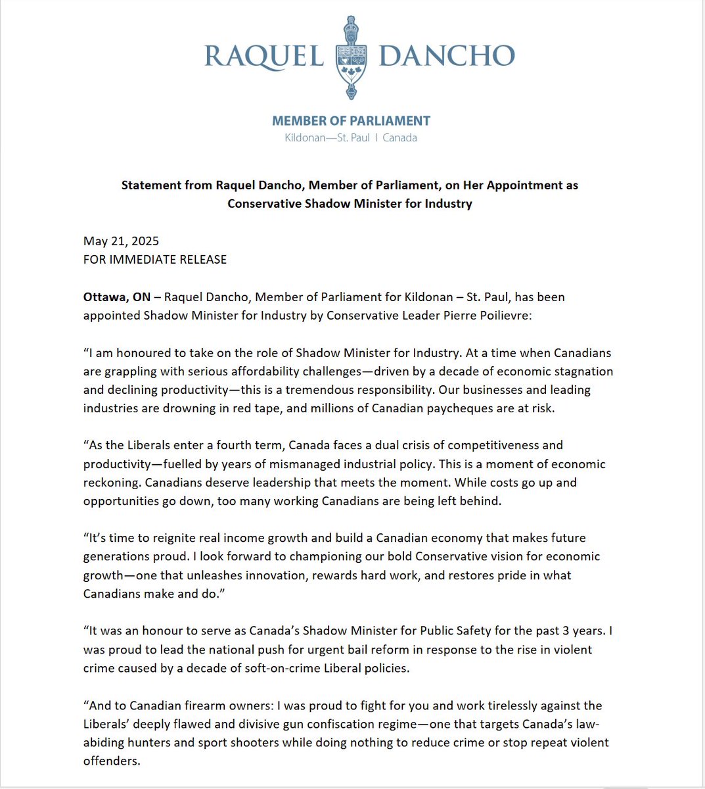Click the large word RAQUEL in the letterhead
pyautogui.click(x=264, y=57)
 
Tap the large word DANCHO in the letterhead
pyautogui.click(x=447, y=57)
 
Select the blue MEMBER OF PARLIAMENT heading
pyautogui.click(x=351, y=121)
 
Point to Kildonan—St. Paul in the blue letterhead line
pyautogui.click(x=327, y=138)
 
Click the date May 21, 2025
pyautogui.click(x=122, y=241)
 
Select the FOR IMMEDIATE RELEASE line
pyautogui.click(x=155, y=260)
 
